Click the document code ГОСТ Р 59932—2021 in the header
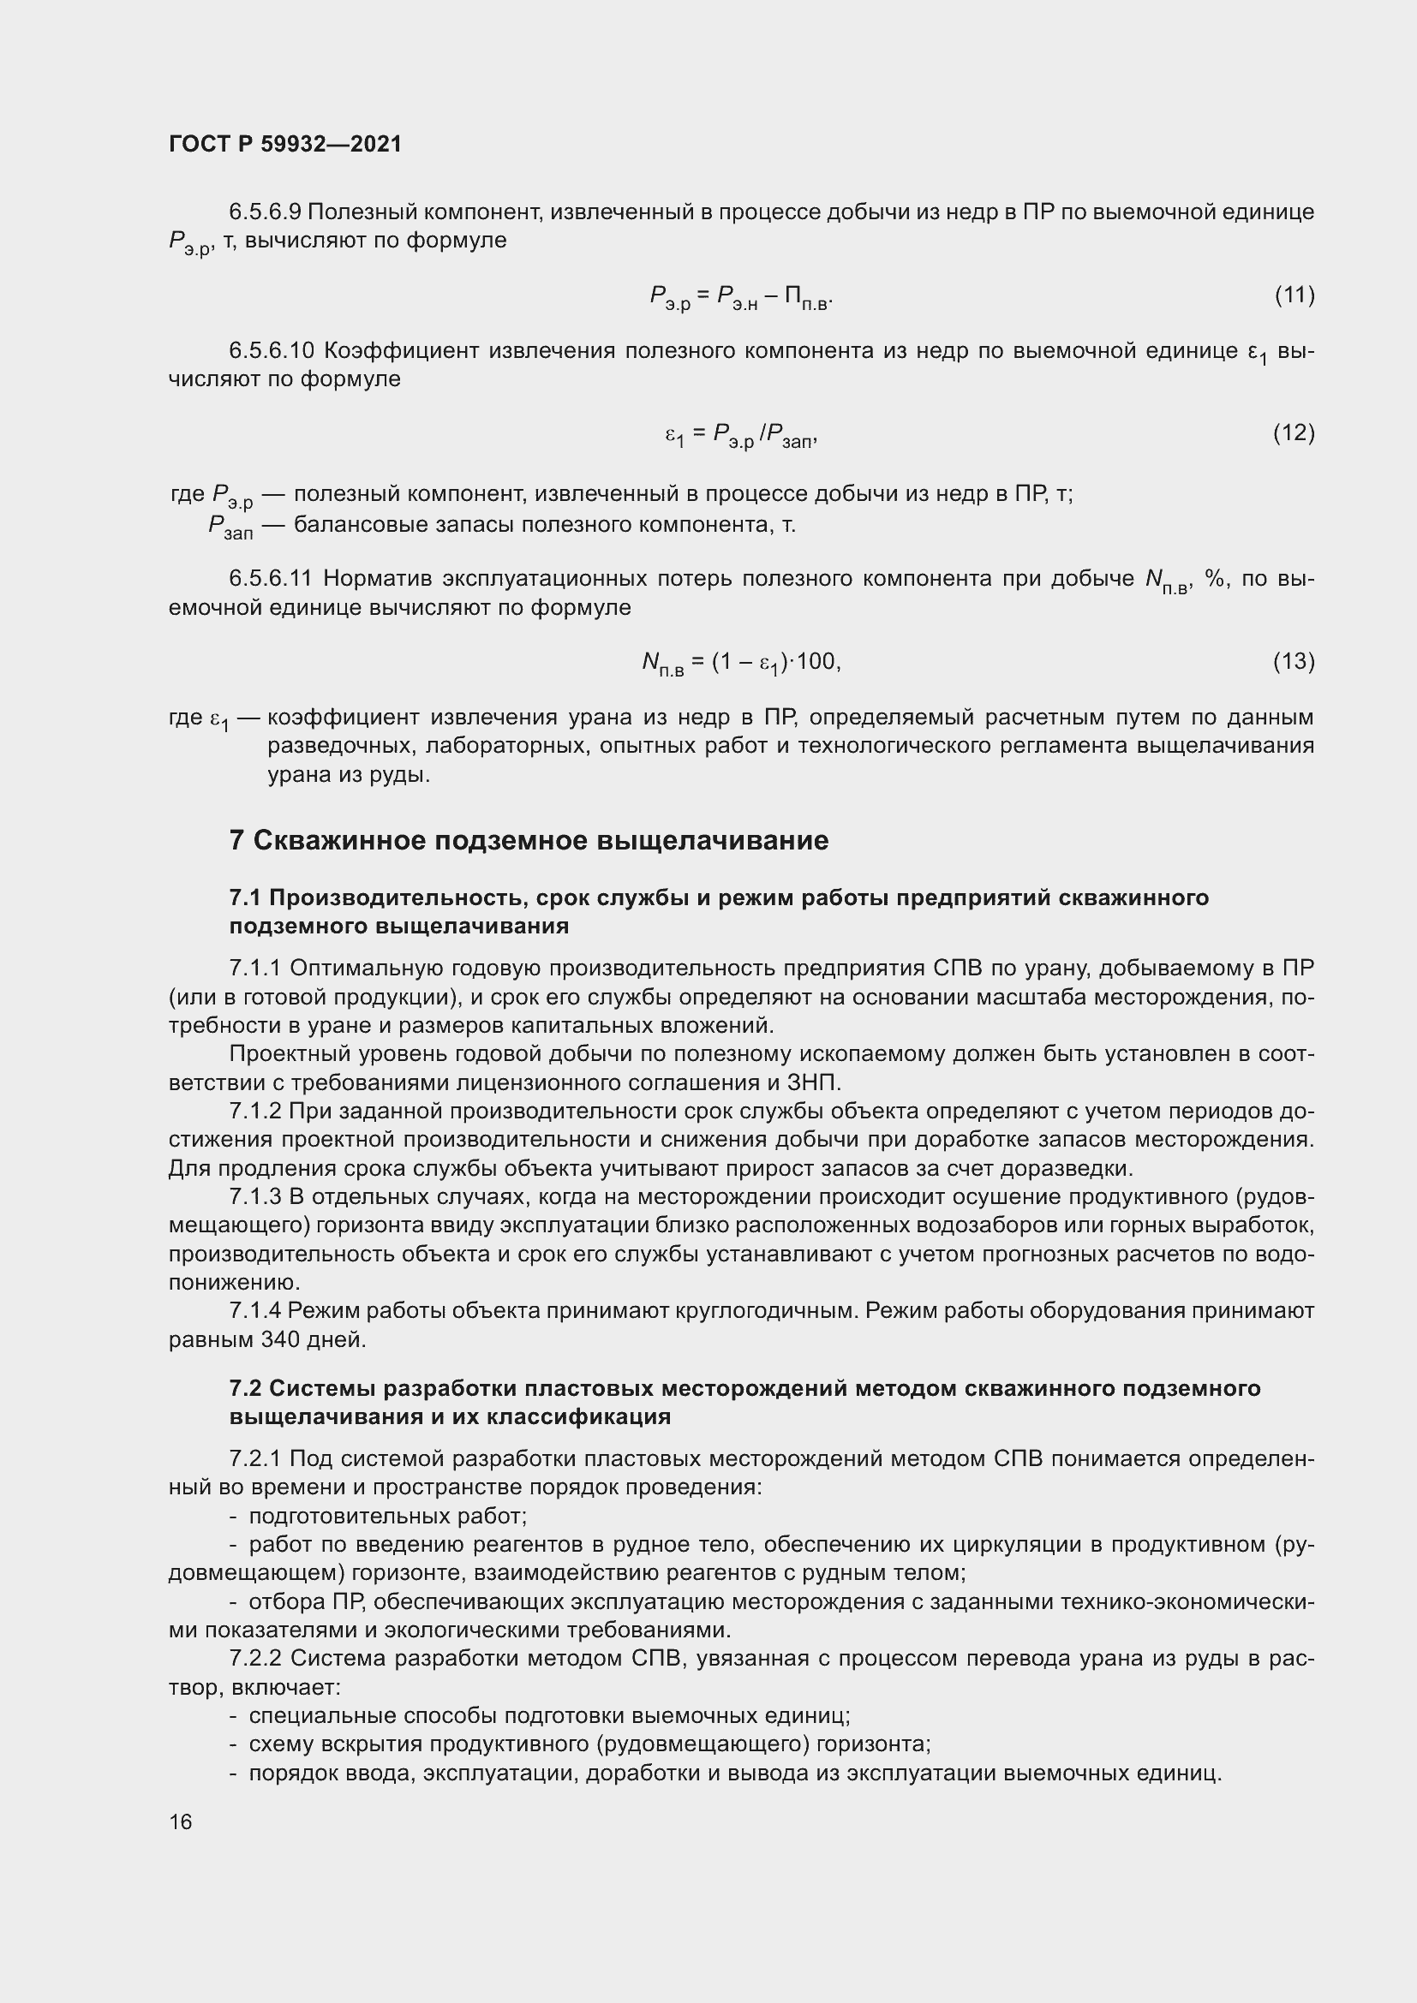(285, 144)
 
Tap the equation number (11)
(1294, 295)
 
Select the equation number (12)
(1294, 432)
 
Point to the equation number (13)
(1294, 662)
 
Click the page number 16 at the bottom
(181, 1821)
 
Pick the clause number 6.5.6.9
(265, 212)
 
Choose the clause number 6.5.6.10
(272, 351)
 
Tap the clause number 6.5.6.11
(271, 579)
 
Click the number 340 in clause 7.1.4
(280, 1340)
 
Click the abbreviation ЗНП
(814, 1083)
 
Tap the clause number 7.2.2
(255, 1659)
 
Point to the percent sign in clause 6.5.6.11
(1215, 579)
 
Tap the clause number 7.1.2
(255, 1112)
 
